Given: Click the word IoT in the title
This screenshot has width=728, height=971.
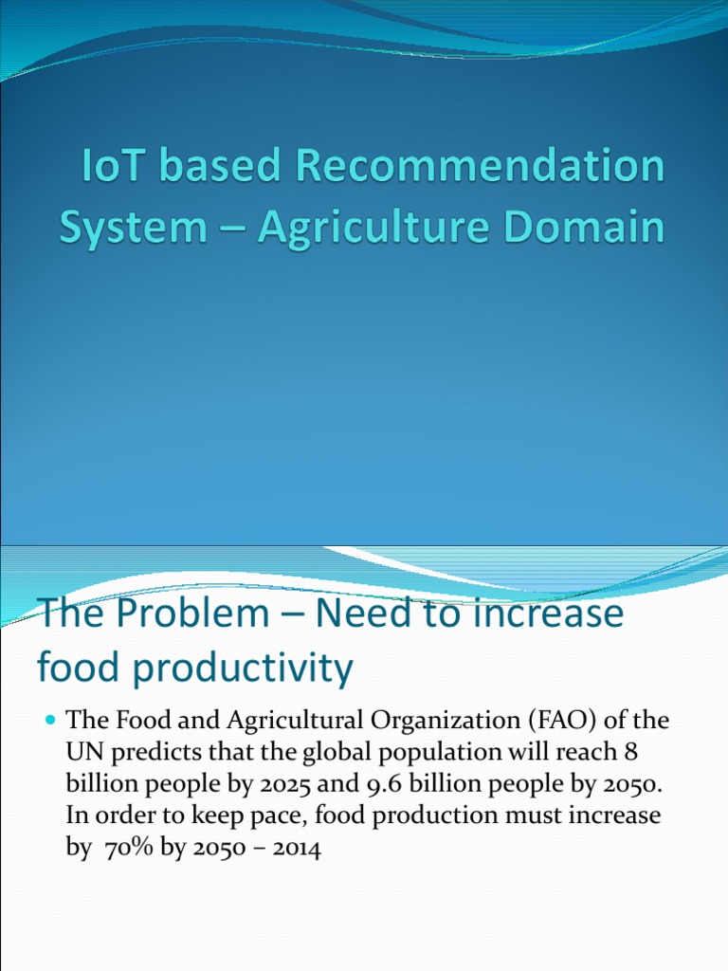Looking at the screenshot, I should (x=108, y=168).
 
